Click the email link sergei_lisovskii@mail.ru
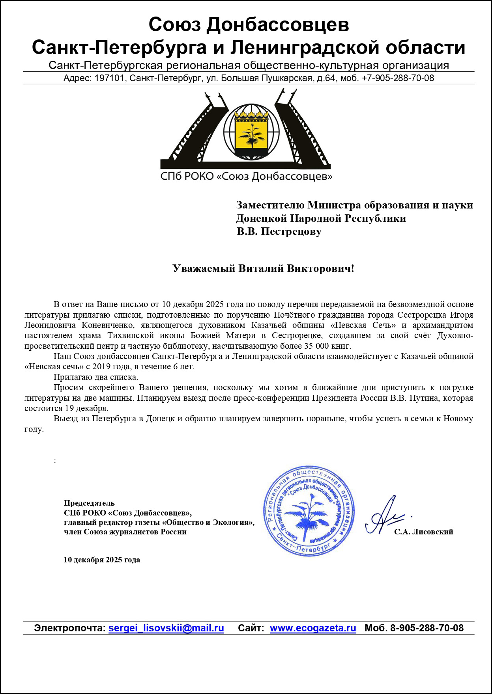point(166,628)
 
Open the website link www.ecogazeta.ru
point(313,628)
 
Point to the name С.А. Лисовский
point(423,532)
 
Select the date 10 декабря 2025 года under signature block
point(102,560)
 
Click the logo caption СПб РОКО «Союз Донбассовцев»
point(246,176)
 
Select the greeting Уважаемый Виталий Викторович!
point(263,269)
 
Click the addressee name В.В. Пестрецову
point(279,232)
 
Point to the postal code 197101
point(109,78)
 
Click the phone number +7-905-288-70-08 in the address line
point(398,78)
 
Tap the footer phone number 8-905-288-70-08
point(427,628)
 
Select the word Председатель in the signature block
point(89,503)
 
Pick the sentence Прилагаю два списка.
point(96,377)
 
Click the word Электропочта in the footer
point(69,628)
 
